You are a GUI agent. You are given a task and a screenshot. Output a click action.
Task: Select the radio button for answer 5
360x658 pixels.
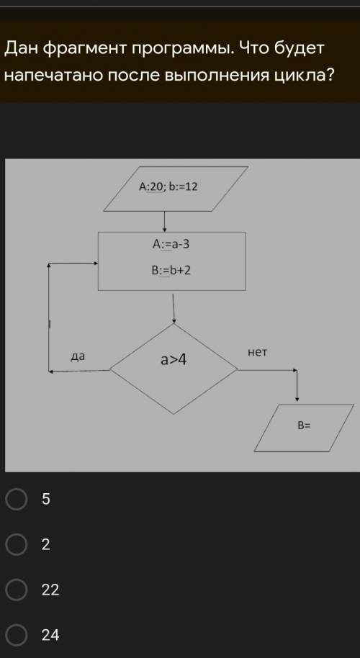coord(17,499)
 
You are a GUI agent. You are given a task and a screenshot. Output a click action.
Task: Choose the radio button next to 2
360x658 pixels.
coord(17,544)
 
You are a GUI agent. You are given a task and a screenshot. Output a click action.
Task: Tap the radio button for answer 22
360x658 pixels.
coord(17,590)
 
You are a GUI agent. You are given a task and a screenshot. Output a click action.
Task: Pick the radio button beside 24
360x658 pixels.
coord(17,635)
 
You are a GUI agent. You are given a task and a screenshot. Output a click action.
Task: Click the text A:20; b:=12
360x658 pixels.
coord(168,186)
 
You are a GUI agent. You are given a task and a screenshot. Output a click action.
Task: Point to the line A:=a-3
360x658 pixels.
coord(171,244)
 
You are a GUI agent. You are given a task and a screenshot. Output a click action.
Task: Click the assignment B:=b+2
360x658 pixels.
coord(171,271)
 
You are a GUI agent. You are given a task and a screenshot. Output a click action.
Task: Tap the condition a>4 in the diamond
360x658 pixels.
coord(174,359)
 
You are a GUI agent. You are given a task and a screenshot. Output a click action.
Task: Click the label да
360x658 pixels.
coord(78,356)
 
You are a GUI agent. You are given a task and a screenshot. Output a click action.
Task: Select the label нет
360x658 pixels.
coord(257,353)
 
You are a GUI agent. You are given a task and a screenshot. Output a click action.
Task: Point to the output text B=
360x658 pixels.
coord(304,425)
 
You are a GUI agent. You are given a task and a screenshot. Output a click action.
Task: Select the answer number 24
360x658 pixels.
coord(50,635)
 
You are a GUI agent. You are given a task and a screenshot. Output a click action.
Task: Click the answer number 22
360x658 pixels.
coord(50,590)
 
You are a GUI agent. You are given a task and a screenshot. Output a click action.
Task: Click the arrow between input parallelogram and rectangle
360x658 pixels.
coord(164,222)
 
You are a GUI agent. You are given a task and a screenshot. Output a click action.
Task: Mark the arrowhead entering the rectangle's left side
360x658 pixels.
coord(96,263)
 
